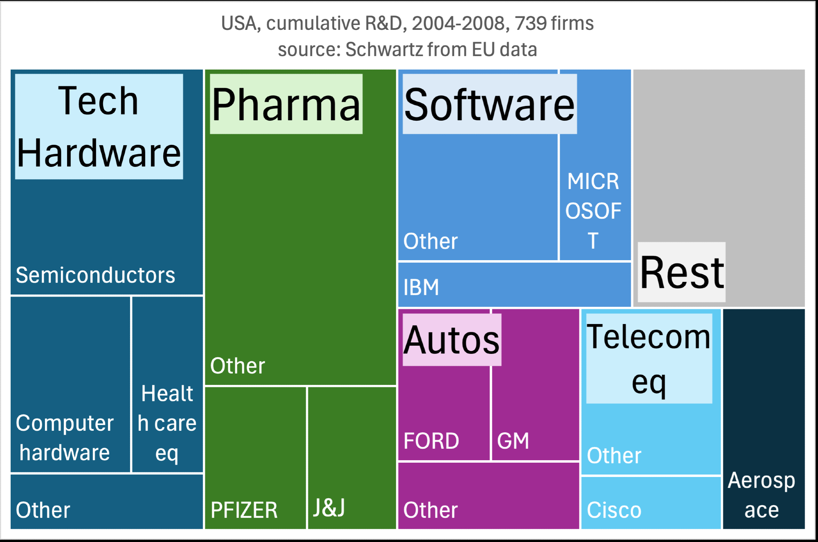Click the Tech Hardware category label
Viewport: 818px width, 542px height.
coord(99,126)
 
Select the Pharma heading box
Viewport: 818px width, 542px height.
coord(286,104)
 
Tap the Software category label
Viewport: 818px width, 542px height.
coord(490,104)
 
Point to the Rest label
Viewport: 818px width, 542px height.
coord(682,272)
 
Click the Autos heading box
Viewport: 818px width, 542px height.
coord(452,340)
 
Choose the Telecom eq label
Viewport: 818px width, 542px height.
coord(649,358)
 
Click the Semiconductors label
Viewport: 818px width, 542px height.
coord(95,275)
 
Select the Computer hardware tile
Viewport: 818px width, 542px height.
coord(70,385)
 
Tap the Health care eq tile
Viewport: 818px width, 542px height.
coord(167,385)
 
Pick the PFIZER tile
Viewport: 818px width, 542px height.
coord(255,458)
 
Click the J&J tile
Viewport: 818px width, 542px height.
coord(352,458)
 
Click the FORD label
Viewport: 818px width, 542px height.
coord(431,441)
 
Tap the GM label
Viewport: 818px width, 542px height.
coord(513,441)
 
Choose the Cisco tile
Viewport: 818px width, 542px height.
coord(650,503)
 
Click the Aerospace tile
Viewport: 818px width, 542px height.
coord(763,419)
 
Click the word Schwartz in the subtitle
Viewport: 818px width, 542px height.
coord(384,49)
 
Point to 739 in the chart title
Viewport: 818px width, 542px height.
coord(530,23)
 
